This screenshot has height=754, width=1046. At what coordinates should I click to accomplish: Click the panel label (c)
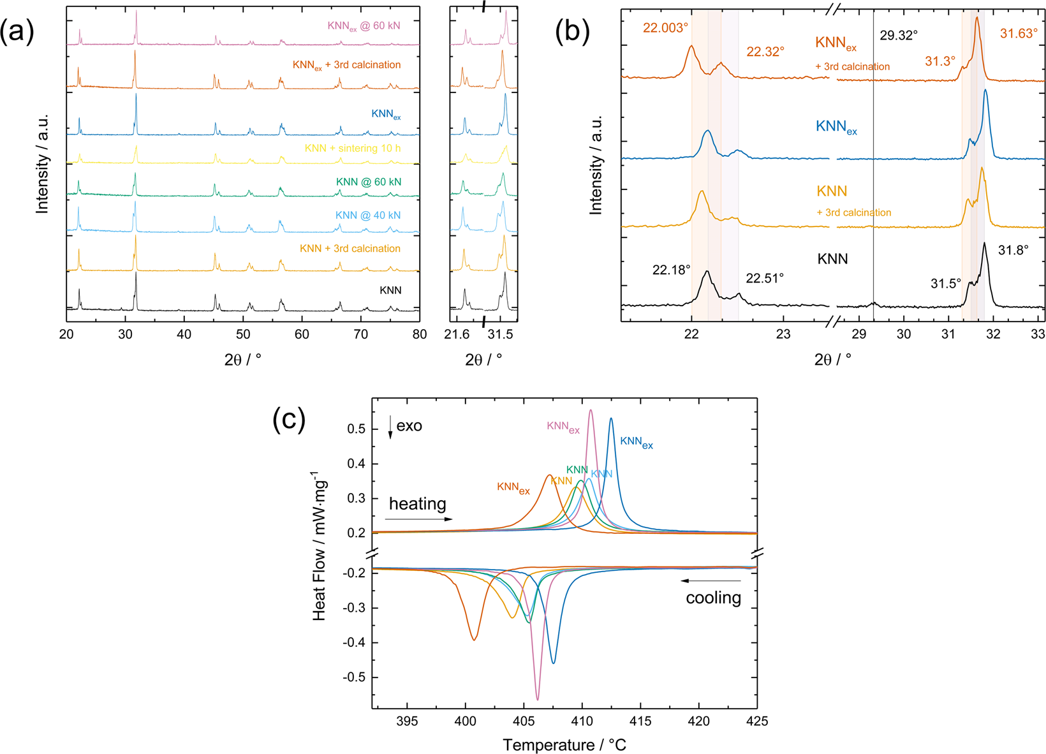pos(289,420)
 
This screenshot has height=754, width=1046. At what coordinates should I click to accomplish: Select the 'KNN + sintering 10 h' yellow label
pos(353,148)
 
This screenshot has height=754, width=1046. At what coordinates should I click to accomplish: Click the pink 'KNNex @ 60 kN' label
pos(364,26)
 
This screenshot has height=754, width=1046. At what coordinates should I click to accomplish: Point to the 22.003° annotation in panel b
pos(665,28)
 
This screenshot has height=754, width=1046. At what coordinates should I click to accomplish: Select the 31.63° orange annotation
pos(1019,34)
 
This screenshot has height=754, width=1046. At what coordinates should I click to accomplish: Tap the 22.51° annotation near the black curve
pos(765,278)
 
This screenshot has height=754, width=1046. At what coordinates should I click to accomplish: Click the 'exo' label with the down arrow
pos(406,426)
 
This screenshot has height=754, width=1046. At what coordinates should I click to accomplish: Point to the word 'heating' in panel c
pos(418,504)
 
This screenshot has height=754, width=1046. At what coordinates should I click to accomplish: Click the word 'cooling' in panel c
pos(713,598)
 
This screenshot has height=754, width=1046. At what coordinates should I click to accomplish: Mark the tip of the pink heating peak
pos(591,410)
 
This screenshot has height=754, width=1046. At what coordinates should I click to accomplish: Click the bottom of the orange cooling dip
pos(473,639)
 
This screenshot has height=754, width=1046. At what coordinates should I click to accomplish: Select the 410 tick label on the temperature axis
pos(582,721)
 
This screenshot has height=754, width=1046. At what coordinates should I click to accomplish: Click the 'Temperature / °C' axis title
pos(564,744)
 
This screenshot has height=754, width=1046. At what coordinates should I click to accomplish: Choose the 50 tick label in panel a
pos(243,334)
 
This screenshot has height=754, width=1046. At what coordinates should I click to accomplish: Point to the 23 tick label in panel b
pos(783,334)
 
